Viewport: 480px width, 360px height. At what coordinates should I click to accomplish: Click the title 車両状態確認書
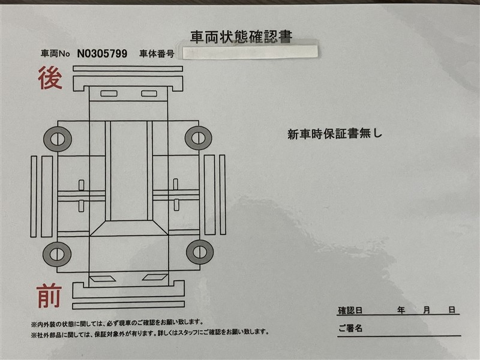click(x=241, y=37)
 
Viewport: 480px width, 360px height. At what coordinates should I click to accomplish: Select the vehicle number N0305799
click(x=102, y=54)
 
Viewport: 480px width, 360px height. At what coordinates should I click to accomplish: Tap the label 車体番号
click(x=157, y=54)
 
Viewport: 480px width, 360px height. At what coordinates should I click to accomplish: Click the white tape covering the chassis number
click(x=250, y=52)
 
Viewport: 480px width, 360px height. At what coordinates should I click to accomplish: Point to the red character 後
click(x=50, y=79)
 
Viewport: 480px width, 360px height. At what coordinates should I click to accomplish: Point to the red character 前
click(x=49, y=295)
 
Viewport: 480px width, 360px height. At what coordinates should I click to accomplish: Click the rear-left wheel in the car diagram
click(x=58, y=139)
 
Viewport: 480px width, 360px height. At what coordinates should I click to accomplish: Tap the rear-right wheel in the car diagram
click(x=199, y=138)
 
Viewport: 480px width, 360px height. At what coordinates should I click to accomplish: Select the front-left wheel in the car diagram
click(x=57, y=254)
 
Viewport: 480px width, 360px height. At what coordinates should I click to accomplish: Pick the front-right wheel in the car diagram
click(x=200, y=252)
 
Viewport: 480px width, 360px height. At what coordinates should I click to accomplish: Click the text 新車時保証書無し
click(x=335, y=134)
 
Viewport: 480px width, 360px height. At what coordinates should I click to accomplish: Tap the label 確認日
click(x=350, y=310)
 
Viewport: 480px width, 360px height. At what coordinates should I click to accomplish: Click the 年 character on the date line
click(x=401, y=310)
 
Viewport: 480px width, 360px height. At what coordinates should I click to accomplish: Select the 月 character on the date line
click(x=427, y=310)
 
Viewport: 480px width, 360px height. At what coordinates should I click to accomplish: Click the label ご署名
click(x=350, y=328)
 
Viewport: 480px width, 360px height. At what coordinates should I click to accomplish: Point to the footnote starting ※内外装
click(x=117, y=323)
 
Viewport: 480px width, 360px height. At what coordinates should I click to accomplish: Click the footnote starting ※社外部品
click(x=150, y=332)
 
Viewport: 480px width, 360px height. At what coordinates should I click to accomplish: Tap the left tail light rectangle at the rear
click(x=109, y=94)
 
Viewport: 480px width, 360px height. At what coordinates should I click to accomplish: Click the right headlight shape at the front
click(x=155, y=277)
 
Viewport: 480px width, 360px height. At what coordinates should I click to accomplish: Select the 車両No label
click(x=55, y=54)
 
